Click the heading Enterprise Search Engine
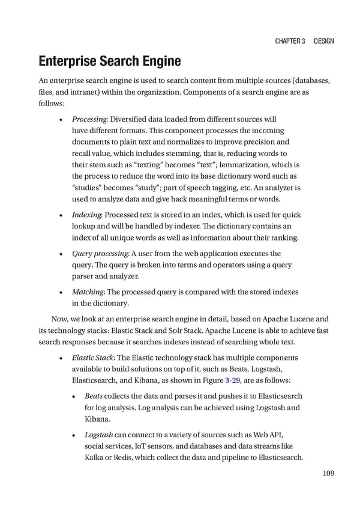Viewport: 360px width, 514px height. (110, 61)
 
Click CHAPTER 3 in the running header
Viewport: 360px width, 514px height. (290, 41)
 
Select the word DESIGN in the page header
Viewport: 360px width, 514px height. (323, 41)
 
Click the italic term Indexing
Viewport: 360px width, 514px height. (86, 215)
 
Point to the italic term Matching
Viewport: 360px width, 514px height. (88, 291)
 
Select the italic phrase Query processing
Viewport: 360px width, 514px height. (99, 253)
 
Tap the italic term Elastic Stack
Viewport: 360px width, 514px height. (91, 357)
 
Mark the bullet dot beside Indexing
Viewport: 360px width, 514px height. (63, 215)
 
